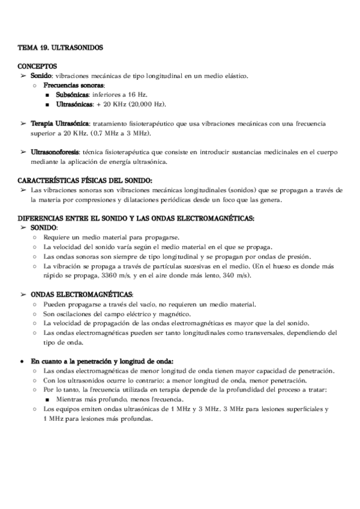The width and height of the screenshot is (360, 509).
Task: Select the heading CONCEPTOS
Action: pyautogui.click(x=38, y=66)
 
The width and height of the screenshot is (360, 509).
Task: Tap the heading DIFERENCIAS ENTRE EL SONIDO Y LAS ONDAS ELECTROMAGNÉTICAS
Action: pyautogui.click(x=136, y=218)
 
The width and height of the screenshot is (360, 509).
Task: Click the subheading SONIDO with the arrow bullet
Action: pyautogui.click(x=44, y=228)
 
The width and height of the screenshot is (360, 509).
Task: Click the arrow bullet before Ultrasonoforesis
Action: pyautogui.click(x=23, y=152)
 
